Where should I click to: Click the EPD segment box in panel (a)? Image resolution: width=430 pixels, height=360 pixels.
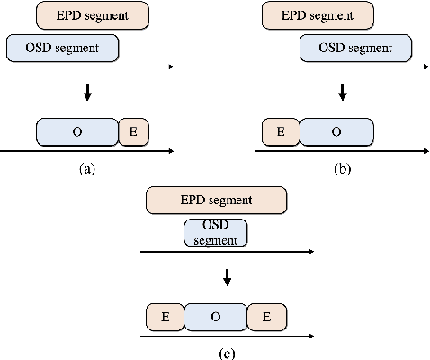[x=93, y=15]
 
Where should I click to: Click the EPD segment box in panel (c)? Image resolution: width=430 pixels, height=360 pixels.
[x=216, y=200]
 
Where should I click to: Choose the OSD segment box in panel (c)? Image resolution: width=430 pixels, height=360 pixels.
[x=216, y=233]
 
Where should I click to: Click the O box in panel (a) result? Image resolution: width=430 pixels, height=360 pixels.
[x=77, y=131]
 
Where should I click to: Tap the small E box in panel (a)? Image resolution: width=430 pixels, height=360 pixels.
[x=133, y=131]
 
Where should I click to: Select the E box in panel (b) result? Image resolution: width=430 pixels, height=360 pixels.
[x=281, y=131]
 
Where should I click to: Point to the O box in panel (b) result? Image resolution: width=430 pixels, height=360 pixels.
[x=336, y=131]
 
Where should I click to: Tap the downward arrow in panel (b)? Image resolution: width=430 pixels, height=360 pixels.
[x=342, y=92]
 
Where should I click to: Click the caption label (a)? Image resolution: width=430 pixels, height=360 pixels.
[x=88, y=167]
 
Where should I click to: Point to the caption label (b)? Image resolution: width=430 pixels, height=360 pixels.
[x=342, y=167]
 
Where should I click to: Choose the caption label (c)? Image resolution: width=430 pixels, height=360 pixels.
[x=228, y=352]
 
